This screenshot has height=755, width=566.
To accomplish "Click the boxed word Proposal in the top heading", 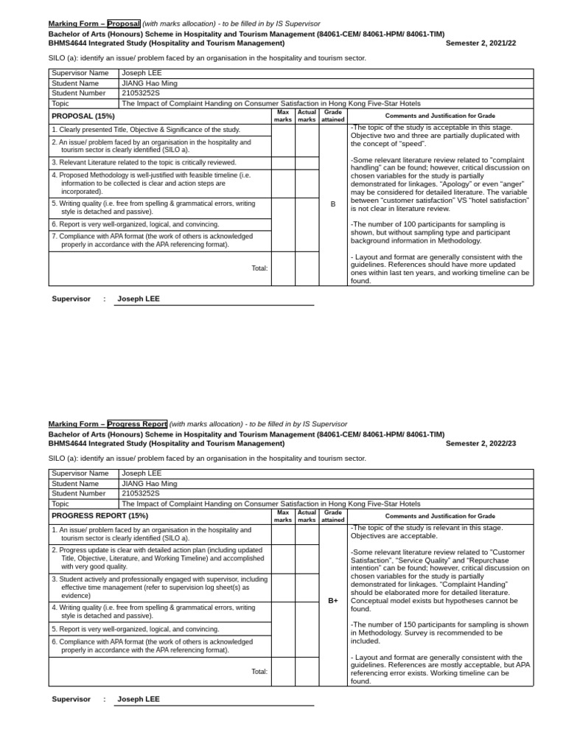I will [x=123, y=24].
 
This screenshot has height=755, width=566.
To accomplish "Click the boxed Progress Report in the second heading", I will [x=137, y=424].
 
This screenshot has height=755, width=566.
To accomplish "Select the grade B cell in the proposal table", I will [x=333, y=204].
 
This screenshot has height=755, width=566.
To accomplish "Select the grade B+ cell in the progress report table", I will [x=333, y=601].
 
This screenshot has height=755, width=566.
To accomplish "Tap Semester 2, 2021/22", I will [x=481, y=44].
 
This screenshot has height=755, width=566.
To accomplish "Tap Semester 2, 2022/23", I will [x=481, y=444].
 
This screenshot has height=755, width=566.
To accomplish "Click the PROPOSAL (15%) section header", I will [x=83, y=116].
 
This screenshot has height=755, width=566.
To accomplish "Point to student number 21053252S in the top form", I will [x=141, y=93].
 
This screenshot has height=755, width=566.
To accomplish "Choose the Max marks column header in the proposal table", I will [x=283, y=116].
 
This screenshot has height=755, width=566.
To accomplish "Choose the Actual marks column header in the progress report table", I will [x=307, y=515].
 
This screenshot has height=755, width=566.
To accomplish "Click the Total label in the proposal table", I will [x=259, y=268].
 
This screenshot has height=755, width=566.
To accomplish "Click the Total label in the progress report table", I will [x=259, y=671].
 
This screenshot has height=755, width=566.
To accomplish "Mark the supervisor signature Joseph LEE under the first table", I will [x=139, y=299].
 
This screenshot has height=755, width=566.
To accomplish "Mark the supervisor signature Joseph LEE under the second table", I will [x=139, y=699].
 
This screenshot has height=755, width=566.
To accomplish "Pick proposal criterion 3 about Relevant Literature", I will [x=144, y=162].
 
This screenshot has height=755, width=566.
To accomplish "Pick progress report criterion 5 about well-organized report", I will [x=136, y=629].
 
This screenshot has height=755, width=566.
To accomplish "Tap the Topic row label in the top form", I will [x=60, y=103].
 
